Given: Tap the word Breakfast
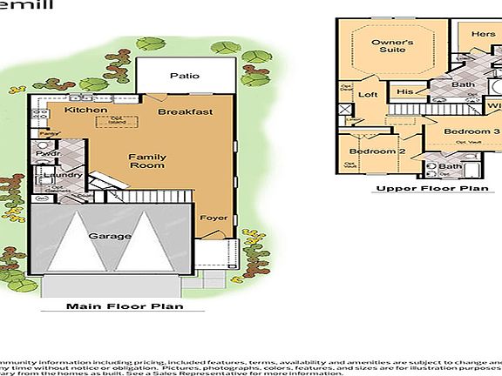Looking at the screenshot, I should click(186, 112).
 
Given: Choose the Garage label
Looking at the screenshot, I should click(110, 236).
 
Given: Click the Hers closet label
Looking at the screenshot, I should click(484, 34).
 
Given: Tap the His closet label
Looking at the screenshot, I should click(404, 91).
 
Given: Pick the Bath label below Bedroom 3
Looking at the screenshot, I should click(450, 166).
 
